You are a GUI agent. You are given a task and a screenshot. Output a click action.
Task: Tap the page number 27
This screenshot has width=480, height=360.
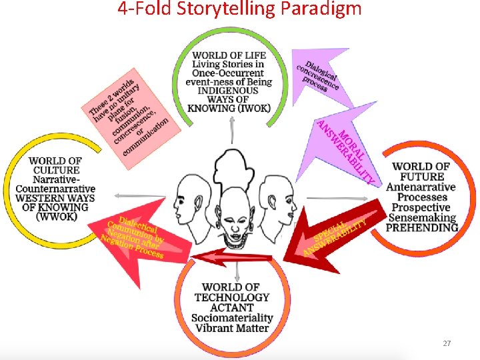(447, 343)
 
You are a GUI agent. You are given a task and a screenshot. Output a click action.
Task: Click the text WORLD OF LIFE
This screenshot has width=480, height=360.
(229, 55)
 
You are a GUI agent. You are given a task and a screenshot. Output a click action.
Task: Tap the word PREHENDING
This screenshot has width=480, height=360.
(422, 227)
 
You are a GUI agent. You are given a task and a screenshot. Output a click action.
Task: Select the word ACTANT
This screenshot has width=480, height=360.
(232, 307)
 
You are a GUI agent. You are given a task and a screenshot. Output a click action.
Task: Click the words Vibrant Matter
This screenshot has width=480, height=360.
(231, 328)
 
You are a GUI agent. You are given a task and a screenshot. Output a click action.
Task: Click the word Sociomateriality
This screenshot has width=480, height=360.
(231, 318)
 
